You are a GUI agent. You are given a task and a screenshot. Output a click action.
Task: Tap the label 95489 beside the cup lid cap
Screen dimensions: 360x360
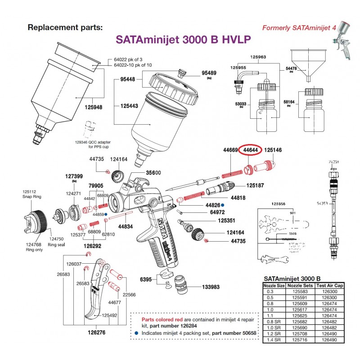209,73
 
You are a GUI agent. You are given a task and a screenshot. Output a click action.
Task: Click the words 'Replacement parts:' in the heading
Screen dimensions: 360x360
65,27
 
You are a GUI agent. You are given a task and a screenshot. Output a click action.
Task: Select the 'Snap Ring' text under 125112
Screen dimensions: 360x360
31,196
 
